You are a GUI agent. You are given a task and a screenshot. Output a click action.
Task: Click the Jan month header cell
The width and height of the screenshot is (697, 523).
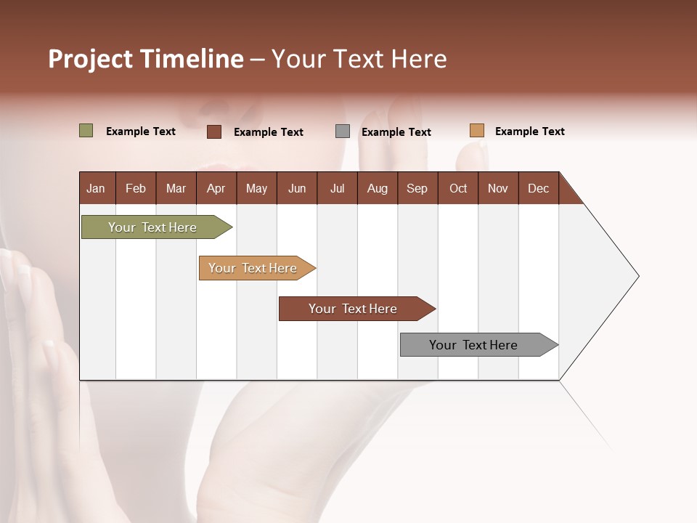point(97,188)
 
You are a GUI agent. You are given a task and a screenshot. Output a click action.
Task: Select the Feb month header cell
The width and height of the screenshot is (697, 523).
point(136,188)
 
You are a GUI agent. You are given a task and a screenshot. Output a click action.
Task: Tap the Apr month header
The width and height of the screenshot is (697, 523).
point(216,188)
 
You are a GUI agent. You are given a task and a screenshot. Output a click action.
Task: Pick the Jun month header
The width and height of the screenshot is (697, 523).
point(297,188)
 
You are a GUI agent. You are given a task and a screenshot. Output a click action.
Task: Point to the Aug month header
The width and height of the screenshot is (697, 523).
point(377,188)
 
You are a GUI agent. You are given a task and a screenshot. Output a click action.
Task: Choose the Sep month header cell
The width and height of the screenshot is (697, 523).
point(417,188)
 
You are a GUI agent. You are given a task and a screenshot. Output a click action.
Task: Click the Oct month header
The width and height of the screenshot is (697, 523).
point(458,188)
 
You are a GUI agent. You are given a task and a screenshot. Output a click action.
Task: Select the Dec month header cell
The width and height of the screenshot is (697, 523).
point(539,188)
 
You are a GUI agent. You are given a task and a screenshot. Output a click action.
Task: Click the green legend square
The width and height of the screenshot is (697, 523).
point(86,131)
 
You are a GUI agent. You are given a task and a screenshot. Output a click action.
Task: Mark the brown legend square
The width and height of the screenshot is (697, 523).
point(214,131)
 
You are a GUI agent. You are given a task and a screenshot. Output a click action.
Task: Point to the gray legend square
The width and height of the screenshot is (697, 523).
point(343,131)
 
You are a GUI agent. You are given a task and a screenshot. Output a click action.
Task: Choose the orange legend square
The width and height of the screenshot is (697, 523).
point(476,131)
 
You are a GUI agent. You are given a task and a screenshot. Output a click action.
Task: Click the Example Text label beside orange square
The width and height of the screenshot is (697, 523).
point(529,131)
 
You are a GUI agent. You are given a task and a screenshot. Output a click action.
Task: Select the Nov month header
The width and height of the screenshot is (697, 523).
point(498,188)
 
